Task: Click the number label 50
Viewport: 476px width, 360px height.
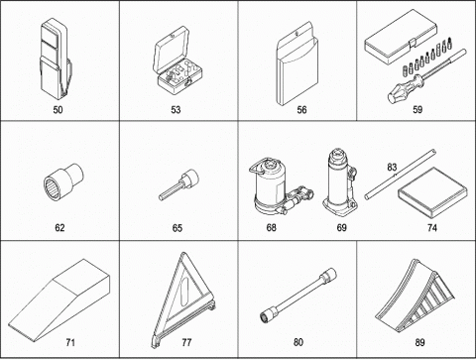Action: click(58, 110)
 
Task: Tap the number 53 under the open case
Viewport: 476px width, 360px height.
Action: click(176, 110)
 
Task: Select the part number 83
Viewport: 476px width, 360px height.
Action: click(392, 168)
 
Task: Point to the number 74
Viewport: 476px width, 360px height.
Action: click(432, 228)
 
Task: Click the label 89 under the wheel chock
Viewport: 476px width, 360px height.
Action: click(419, 342)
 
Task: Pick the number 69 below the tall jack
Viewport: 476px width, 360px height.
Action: click(342, 228)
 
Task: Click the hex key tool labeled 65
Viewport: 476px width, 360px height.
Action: click(179, 184)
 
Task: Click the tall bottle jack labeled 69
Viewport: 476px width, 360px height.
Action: click(340, 182)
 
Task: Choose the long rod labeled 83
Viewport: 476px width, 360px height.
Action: click(401, 175)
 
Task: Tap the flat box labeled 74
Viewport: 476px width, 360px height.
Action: click(433, 192)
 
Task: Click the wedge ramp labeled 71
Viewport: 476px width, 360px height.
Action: click(59, 300)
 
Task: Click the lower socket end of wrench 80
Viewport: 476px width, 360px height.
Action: click(269, 313)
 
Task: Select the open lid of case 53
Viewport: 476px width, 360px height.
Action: click(172, 50)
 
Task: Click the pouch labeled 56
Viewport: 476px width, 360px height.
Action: click(297, 63)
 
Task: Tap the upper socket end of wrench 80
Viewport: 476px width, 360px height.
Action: click(328, 276)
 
